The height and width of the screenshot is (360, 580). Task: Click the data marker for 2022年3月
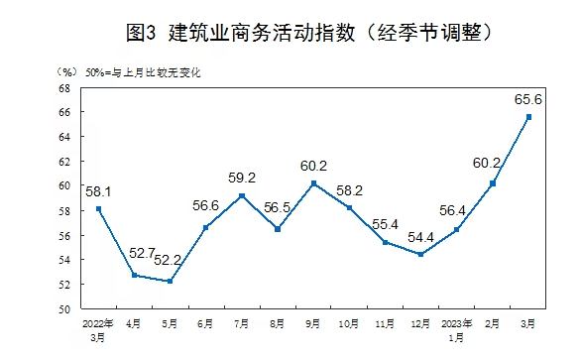99,209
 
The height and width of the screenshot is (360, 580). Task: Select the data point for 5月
171,282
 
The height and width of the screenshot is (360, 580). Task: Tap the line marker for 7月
242,195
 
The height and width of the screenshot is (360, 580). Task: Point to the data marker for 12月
421,255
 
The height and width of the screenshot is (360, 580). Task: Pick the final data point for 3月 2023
528,117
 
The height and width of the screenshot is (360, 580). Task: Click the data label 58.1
99,189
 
